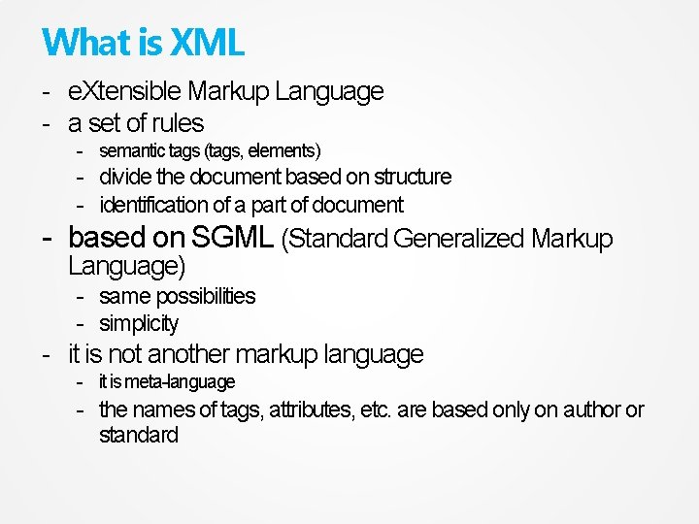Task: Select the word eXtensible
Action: tap(124, 92)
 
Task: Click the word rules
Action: tap(178, 123)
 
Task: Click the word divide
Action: tap(125, 178)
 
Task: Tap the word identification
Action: tap(153, 206)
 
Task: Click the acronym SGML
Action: tap(232, 238)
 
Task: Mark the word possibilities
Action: tap(205, 296)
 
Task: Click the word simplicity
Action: tap(139, 324)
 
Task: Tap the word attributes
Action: tap(311, 410)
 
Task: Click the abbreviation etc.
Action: tap(376, 410)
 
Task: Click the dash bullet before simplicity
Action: tap(82, 324)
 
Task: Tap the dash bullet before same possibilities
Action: tap(82, 296)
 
